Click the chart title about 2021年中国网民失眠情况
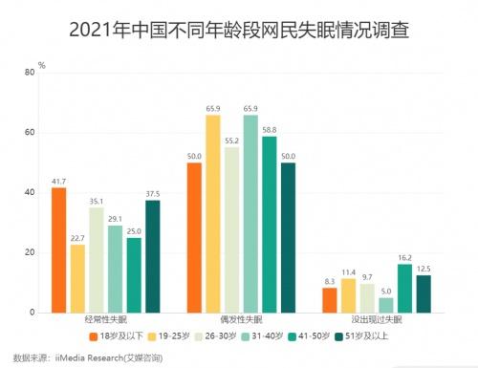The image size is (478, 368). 239,30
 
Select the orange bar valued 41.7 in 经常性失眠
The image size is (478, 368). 58,250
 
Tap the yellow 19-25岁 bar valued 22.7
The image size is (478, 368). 76,278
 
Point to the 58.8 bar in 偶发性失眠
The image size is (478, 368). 269,225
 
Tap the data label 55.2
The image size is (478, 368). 230,140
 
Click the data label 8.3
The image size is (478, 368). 329,281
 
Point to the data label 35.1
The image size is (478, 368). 96,201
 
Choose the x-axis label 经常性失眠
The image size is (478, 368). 105,322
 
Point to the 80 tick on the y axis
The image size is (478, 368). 26,73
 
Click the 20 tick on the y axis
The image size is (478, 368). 26,253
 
